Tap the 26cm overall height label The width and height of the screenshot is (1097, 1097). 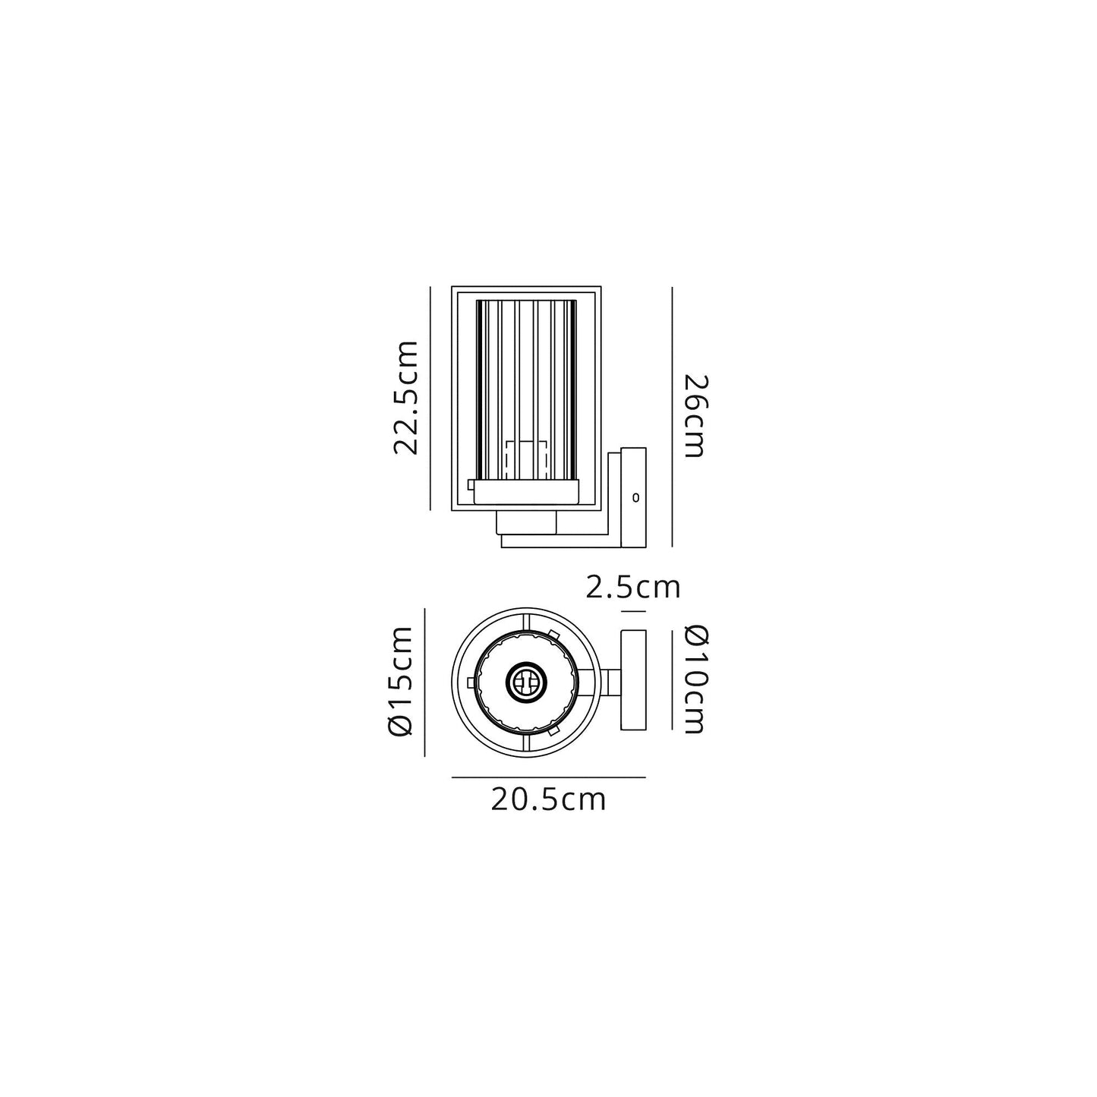coord(694,416)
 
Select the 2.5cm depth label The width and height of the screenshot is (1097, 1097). coord(633,587)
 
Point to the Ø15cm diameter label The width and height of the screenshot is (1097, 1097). coord(399,682)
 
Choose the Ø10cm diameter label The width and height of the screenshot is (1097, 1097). coord(694,680)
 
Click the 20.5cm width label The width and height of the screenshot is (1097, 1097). coord(548,800)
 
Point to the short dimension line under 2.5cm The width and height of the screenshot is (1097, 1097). coord(633,611)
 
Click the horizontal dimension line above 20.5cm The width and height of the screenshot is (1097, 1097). coord(548,777)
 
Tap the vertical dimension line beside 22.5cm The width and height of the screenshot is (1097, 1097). coord(430,398)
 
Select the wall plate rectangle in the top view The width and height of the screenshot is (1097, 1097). coord(633,680)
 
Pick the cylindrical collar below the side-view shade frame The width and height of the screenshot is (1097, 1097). coord(527,522)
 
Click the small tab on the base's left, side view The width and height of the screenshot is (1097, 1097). coord(471,484)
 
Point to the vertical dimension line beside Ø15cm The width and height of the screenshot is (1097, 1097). coord(424,682)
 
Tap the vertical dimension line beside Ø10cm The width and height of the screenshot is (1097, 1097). coord(673,680)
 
